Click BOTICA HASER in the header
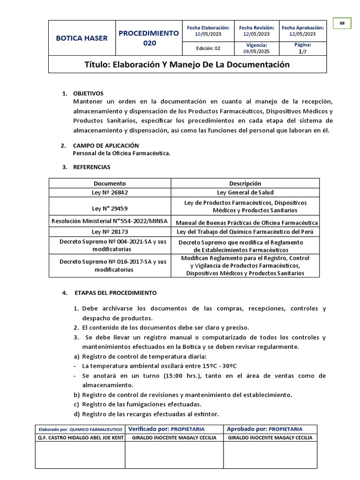point(82,38)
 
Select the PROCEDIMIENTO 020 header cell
point(149,38)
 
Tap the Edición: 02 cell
point(208,48)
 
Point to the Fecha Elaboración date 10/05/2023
point(208,34)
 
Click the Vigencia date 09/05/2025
point(256,52)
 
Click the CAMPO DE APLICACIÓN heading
point(106,146)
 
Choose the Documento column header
point(110,183)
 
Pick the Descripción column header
point(245,183)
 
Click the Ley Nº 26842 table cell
point(110,192)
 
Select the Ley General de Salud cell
point(245,192)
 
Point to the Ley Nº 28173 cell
point(110,232)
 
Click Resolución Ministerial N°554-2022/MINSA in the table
point(110,221)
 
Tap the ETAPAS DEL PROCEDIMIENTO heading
point(115,293)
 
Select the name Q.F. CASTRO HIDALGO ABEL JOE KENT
point(80,438)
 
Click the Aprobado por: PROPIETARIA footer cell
point(264,429)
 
